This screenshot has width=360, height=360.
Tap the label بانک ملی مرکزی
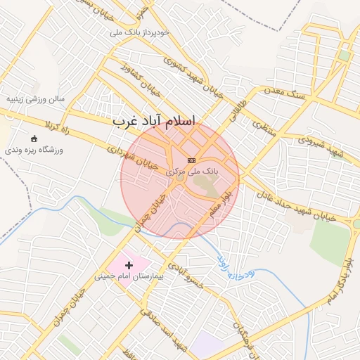point(192,171)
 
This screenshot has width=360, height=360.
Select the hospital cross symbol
point(129,265)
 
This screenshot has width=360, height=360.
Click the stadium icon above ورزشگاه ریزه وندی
point(35,138)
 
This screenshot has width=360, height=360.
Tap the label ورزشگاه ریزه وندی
point(34,150)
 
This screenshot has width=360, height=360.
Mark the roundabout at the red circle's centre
point(179,179)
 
